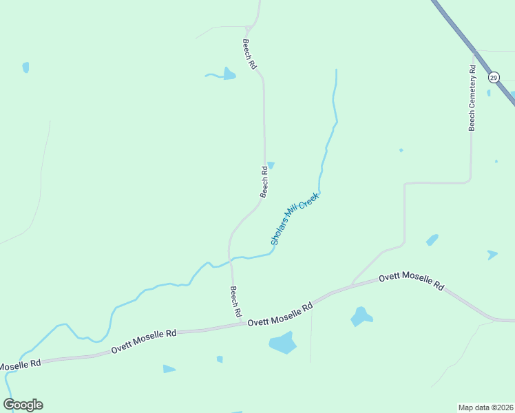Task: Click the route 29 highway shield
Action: pos(494,77)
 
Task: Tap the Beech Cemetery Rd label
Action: pos(472,98)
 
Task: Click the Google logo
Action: pos(23,405)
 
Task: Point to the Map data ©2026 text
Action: pos(485,407)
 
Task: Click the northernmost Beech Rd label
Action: pos(249,54)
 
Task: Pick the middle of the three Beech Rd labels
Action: pos(264,181)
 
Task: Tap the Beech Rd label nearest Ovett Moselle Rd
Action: pos(235,301)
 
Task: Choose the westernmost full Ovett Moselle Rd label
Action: pos(144,341)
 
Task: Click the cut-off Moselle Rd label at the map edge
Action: pos(20,363)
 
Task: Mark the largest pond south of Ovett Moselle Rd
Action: pos(282,342)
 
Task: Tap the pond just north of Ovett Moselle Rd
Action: pos(360,317)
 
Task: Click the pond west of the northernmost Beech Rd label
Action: pos(229,74)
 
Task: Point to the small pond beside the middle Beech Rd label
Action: pos(271,165)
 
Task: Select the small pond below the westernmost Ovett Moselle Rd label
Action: pos(169,369)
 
